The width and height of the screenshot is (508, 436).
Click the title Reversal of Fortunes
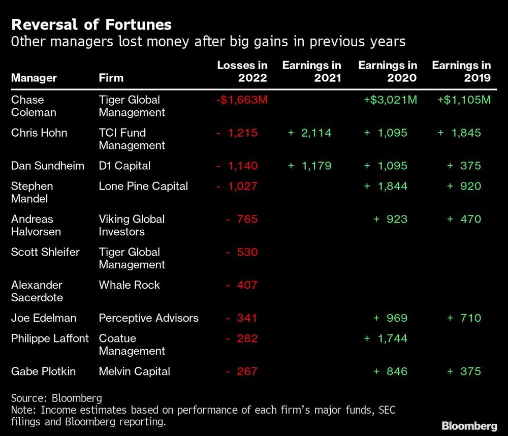point(91,24)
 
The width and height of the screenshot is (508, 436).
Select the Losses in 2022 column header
point(242,72)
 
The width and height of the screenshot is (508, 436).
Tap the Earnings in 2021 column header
point(311,72)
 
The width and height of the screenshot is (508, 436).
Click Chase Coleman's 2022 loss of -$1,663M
point(241,100)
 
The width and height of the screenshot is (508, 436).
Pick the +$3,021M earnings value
point(390,100)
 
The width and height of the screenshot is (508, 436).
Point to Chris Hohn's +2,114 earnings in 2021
point(309,133)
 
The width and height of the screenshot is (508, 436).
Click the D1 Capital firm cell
point(124,166)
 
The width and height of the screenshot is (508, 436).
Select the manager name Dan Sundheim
point(48,166)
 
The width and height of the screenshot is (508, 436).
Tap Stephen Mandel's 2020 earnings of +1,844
point(386,186)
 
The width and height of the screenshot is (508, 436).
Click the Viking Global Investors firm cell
point(132,225)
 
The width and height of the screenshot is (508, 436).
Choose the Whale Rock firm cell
point(129,285)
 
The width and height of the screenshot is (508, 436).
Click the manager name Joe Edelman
point(44,318)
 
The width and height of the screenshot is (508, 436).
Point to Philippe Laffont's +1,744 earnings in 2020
point(386,338)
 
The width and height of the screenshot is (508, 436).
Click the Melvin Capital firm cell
point(134,371)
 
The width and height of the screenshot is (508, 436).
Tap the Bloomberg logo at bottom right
point(469,425)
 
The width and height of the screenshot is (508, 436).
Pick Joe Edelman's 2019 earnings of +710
point(464,318)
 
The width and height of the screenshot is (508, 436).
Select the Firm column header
point(111,78)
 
